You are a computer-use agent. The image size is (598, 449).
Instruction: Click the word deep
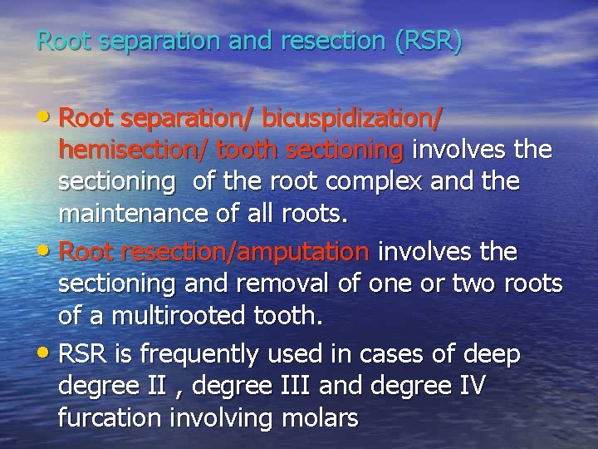click(492, 355)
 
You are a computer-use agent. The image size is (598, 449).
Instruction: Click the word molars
click(316, 417)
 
